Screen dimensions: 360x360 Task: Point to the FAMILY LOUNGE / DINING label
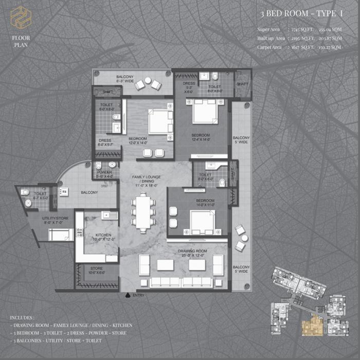tap(146, 179)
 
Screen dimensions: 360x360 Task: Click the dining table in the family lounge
tap(142, 209)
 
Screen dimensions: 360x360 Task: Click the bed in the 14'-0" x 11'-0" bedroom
tap(202, 222)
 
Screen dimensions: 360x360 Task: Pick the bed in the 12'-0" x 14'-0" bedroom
tap(160, 122)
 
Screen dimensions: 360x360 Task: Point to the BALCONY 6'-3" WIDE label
tap(124, 78)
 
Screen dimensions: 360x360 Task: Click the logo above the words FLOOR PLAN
tap(21, 17)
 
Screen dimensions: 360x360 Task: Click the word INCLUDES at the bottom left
tap(22, 318)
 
